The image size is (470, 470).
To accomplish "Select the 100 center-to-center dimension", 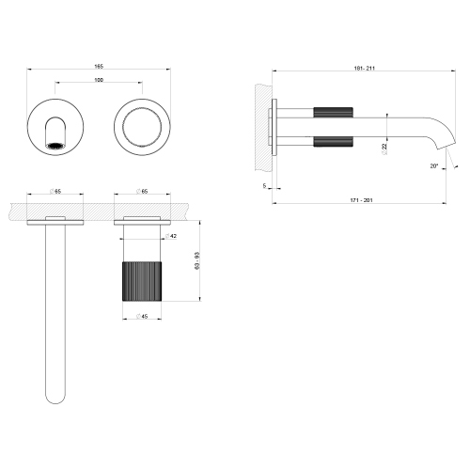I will tap(99, 80).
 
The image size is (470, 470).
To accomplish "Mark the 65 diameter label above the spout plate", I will tap(56, 191).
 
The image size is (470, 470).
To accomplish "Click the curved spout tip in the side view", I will tap(440, 149).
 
